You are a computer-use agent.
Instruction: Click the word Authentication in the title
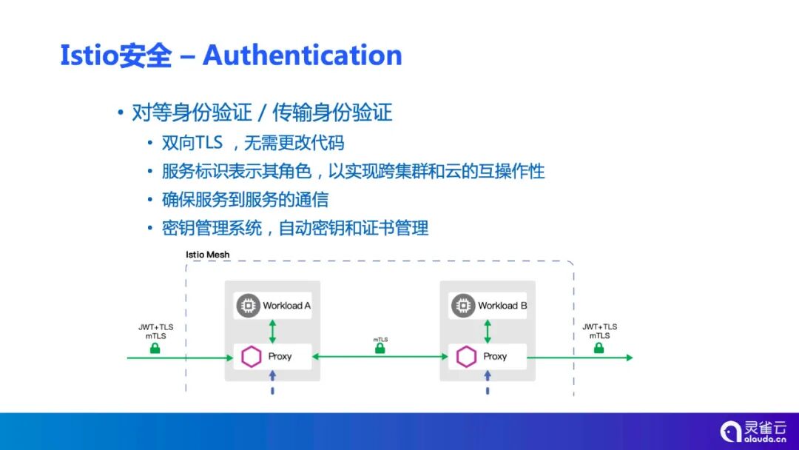[302, 56]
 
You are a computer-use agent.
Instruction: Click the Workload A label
[286, 306]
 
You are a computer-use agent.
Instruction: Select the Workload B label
[502, 306]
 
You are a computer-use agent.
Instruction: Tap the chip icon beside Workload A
[249, 305]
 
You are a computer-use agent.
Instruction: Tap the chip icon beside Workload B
[464, 305]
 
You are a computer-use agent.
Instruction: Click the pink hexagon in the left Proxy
[250, 357]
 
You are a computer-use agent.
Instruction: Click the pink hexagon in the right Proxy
[465, 357]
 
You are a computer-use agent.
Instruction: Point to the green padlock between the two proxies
[380, 349]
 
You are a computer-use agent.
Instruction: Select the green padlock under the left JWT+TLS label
[155, 348]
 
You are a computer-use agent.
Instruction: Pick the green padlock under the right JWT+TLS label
[599, 347]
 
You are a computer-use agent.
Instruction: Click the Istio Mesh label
[207, 255]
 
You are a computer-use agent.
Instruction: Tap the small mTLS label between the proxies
[380, 340]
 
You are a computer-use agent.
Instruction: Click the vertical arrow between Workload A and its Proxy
[272, 331]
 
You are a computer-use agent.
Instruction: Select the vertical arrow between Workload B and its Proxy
[488, 331]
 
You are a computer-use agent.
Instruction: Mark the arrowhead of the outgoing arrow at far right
[629, 357]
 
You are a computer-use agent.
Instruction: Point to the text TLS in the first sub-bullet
[209, 143]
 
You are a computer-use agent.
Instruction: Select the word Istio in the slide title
[88, 56]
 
